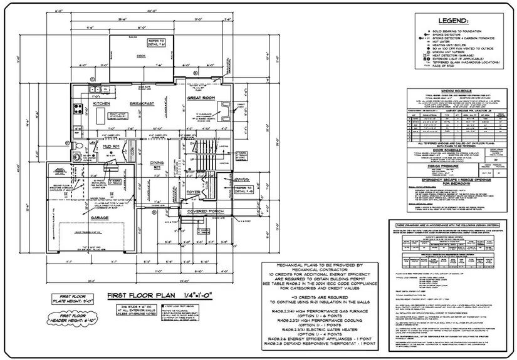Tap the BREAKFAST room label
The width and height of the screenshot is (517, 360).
142,103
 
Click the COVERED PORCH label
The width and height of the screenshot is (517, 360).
205,212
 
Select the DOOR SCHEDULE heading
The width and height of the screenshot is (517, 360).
439,150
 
